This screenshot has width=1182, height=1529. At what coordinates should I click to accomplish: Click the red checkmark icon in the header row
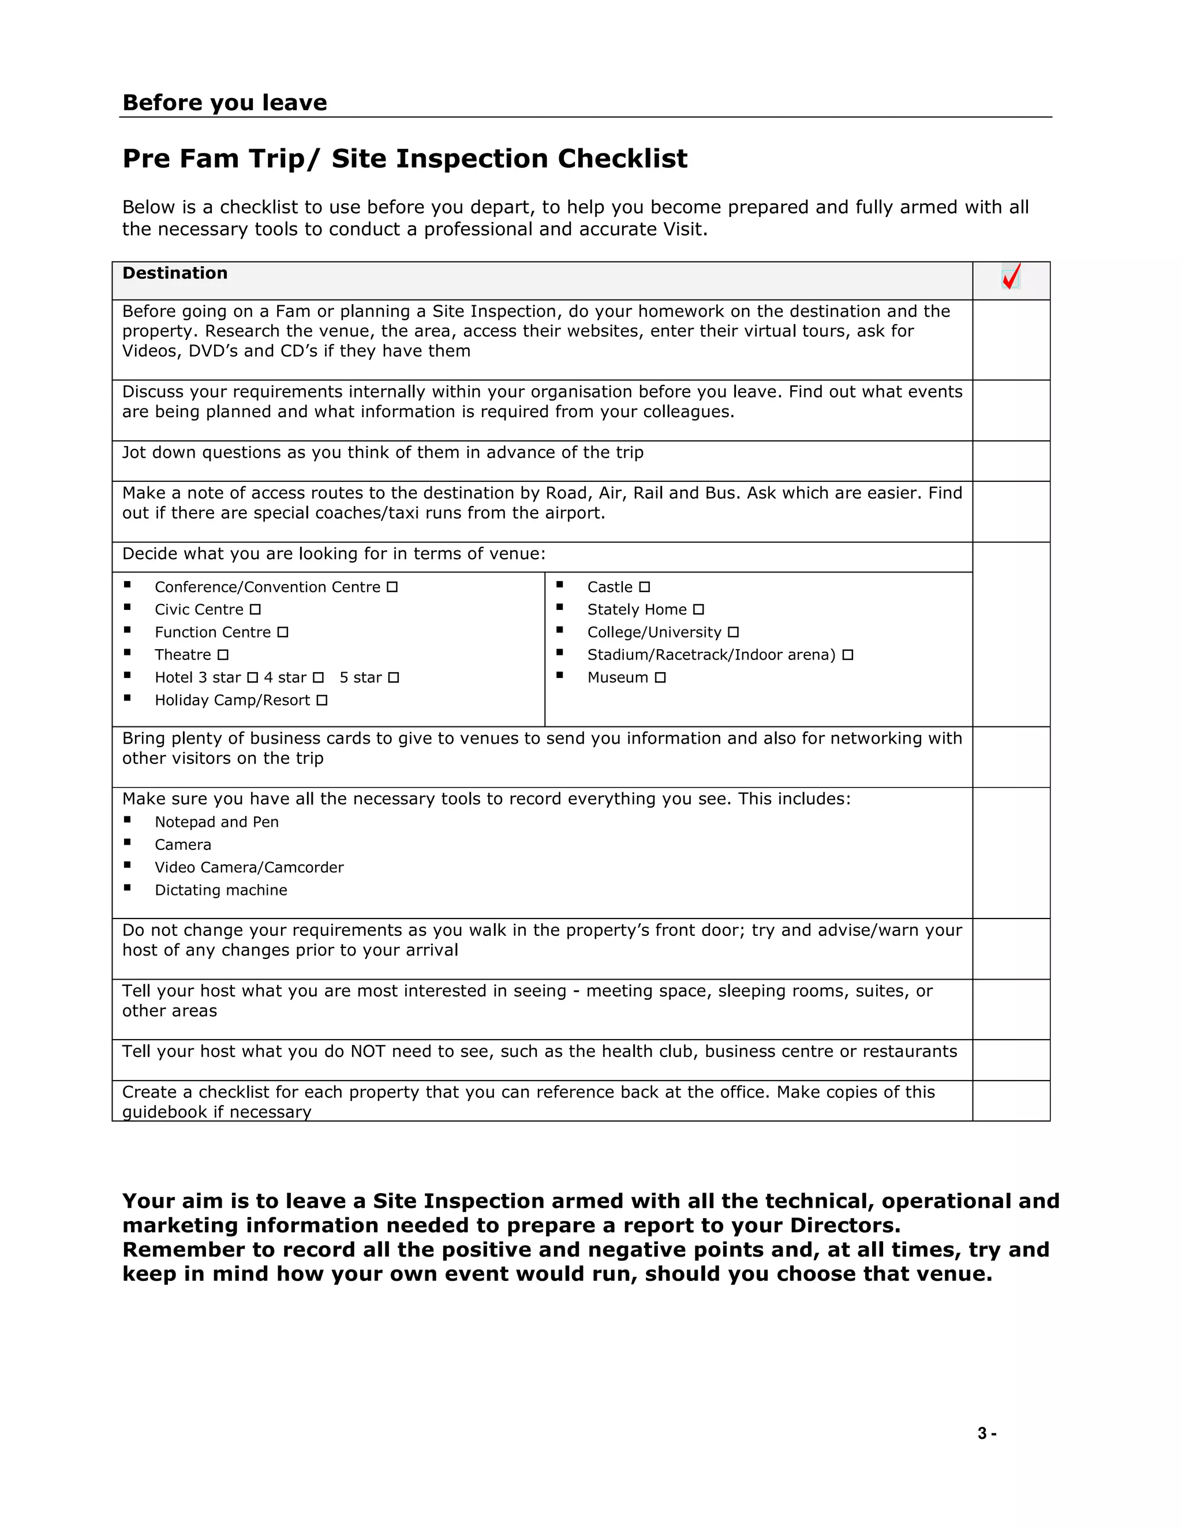click(x=1011, y=276)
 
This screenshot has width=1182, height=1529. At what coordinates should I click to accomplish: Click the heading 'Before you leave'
click(x=224, y=103)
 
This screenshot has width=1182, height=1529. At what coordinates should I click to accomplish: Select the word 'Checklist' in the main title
click(x=623, y=159)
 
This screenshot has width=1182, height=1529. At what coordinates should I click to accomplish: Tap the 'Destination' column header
click(x=175, y=273)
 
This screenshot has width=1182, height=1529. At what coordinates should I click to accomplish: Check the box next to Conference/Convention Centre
click(x=392, y=587)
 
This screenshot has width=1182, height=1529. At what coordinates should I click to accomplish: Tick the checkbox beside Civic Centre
click(x=255, y=610)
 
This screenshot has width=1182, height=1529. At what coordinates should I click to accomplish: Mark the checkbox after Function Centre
click(x=282, y=632)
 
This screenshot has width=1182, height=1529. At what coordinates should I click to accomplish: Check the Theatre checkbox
click(x=223, y=655)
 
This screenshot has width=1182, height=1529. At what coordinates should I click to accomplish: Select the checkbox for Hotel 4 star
click(x=318, y=678)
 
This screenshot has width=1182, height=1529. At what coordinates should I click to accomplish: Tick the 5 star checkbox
click(x=394, y=678)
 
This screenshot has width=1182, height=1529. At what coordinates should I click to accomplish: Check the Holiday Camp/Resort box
click(x=321, y=700)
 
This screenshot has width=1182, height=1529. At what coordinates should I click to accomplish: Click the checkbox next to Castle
click(x=644, y=587)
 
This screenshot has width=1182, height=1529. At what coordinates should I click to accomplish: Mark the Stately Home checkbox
click(x=698, y=610)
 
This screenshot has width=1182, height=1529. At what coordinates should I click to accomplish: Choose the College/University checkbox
click(x=733, y=632)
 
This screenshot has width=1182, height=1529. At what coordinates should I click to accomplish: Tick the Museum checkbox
click(x=660, y=678)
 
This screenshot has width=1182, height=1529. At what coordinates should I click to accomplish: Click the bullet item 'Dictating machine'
click(x=220, y=890)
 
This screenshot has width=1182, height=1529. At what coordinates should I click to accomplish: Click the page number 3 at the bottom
click(x=982, y=1433)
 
